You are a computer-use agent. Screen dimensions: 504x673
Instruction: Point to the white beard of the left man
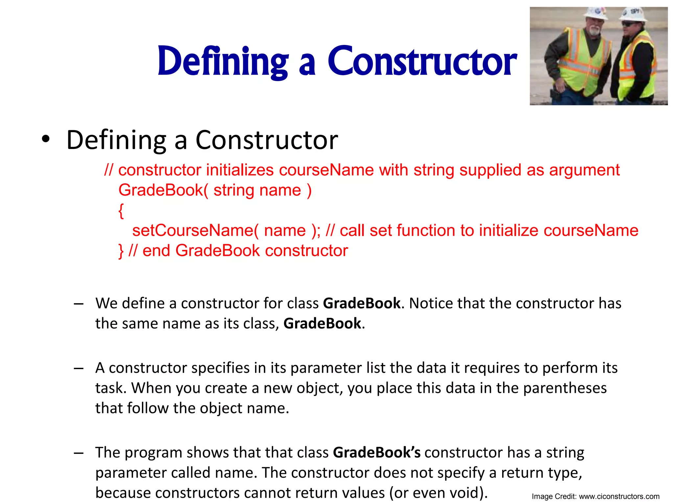click(x=594, y=31)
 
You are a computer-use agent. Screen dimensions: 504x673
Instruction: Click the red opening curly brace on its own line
click(x=121, y=211)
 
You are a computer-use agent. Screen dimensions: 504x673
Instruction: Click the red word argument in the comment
click(x=584, y=170)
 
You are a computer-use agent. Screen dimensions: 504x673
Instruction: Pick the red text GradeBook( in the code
click(x=163, y=190)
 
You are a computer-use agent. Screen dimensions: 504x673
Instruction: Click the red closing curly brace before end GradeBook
click(x=121, y=251)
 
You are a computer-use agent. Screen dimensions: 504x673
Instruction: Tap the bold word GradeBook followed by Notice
click(x=362, y=303)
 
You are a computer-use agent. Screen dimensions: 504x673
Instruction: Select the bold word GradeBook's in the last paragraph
click(x=377, y=452)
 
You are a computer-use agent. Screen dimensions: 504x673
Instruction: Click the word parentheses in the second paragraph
click(x=565, y=388)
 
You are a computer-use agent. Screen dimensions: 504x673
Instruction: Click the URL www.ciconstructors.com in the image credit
click(x=619, y=496)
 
